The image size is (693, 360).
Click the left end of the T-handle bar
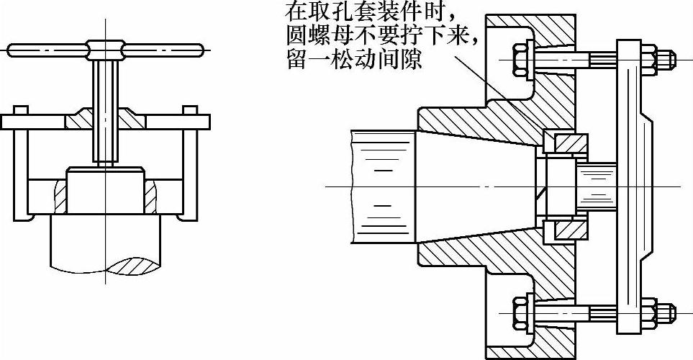click(x=13, y=50)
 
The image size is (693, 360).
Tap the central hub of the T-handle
click(x=104, y=50)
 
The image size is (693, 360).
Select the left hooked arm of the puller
click(x=22, y=166)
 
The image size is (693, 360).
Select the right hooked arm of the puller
click(x=189, y=166)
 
